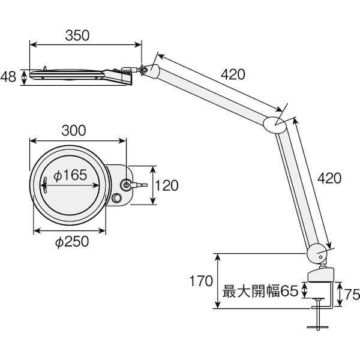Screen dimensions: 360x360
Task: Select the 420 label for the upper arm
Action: tap(233, 75)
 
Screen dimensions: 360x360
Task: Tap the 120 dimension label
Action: tap(166, 186)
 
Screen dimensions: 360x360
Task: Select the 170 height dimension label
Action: tap(201, 281)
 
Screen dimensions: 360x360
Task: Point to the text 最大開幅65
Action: tap(260, 292)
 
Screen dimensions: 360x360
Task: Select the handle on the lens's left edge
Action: tap(45, 185)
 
